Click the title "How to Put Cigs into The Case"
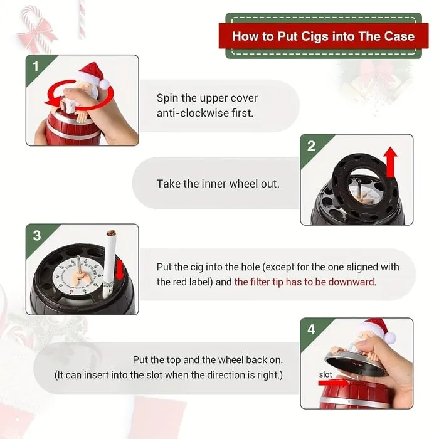point(323,36)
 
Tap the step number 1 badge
point(35,66)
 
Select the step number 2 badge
point(310,146)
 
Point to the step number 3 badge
point(36,235)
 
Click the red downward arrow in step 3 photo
point(120,270)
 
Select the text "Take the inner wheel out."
point(218,184)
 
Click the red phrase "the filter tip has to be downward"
point(305,282)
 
